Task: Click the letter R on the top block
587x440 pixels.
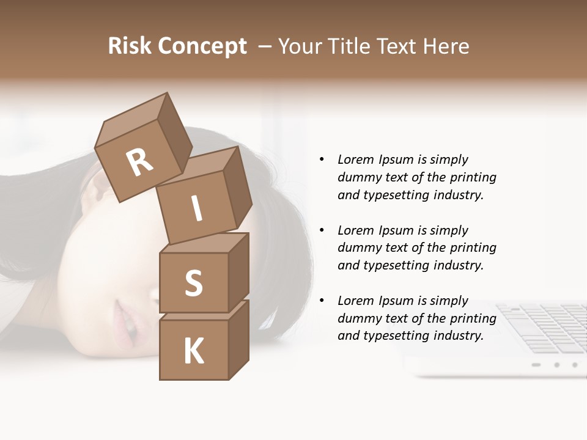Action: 140,162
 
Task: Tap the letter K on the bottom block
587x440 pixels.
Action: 194,351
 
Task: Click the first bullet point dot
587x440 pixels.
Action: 322,159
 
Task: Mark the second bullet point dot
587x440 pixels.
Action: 322,230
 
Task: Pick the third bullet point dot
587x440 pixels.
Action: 322,301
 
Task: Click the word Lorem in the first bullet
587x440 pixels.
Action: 355,159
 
